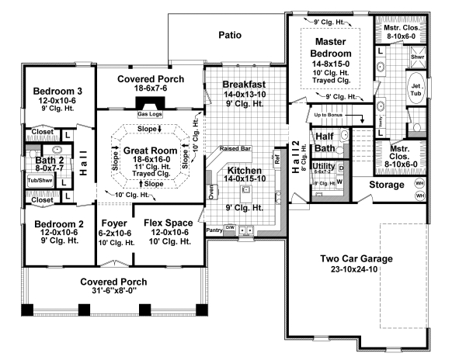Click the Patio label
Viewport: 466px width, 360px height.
coord(229,35)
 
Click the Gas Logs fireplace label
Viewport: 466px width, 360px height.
coord(150,113)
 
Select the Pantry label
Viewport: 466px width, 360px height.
coord(214,230)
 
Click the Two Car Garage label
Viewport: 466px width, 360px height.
coord(356,259)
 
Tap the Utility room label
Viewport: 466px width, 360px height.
coord(322,167)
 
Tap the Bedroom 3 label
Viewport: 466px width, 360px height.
coord(53,92)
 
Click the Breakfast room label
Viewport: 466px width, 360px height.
coord(244,84)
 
